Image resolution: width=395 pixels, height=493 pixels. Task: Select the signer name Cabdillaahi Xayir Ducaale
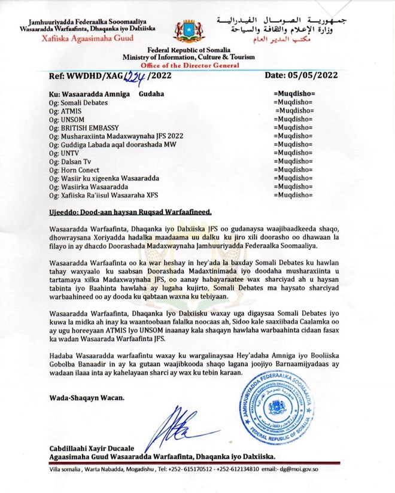pyautogui.click(x=96, y=449)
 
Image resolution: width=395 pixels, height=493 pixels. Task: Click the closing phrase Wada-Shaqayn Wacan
pyautogui.click(x=87, y=397)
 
